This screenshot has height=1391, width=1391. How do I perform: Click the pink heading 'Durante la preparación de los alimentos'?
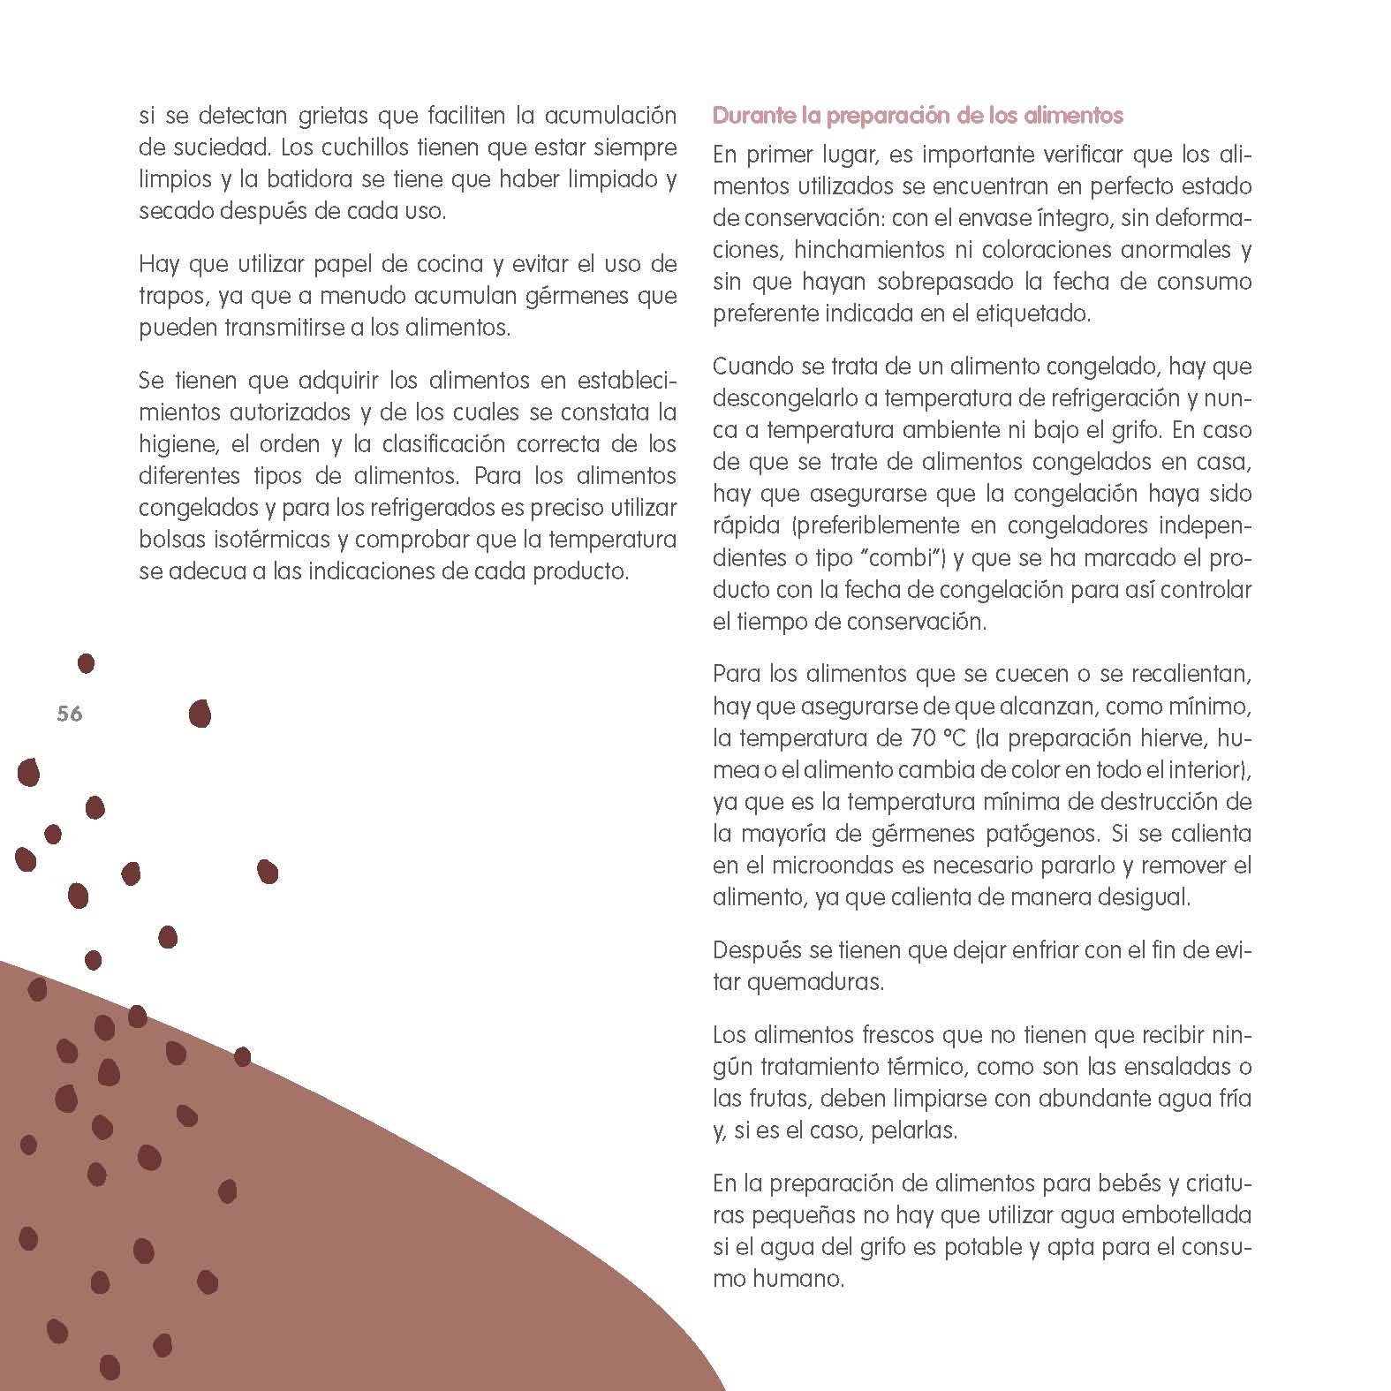pyautogui.click(x=918, y=116)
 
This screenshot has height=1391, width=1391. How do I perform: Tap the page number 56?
pyautogui.click(x=70, y=714)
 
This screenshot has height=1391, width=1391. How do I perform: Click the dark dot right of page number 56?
pyautogui.click(x=200, y=713)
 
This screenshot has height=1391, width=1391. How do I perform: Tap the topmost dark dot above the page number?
pyautogui.click(x=86, y=662)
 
